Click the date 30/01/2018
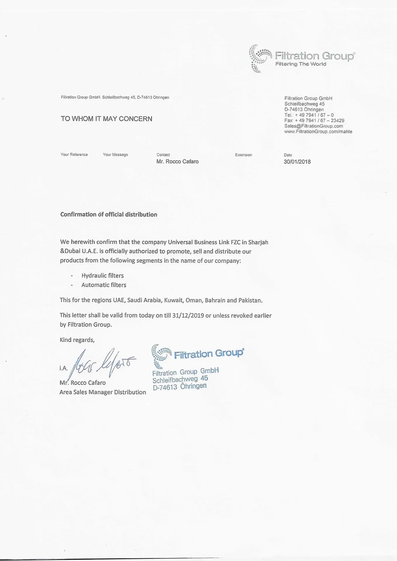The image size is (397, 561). (x=297, y=162)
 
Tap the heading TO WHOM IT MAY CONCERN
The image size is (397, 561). (x=106, y=119)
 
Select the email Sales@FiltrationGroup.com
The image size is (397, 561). (x=313, y=126)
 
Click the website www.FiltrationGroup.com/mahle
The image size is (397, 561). (x=318, y=131)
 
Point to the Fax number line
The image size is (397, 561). (x=314, y=120)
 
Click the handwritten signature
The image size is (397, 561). (x=104, y=363)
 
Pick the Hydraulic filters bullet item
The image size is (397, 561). (x=102, y=276)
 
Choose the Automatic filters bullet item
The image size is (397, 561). (x=104, y=285)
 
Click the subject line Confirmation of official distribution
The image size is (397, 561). (x=108, y=214)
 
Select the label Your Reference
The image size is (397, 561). (x=74, y=155)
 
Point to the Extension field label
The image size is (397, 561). (x=243, y=155)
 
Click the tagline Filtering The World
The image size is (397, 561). (x=301, y=64)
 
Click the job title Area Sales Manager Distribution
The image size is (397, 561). (x=103, y=392)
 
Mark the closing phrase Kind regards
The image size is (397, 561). (x=77, y=340)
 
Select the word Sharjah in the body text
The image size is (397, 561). (x=258, y=242)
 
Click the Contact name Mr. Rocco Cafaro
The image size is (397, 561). (x=177, y=162)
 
